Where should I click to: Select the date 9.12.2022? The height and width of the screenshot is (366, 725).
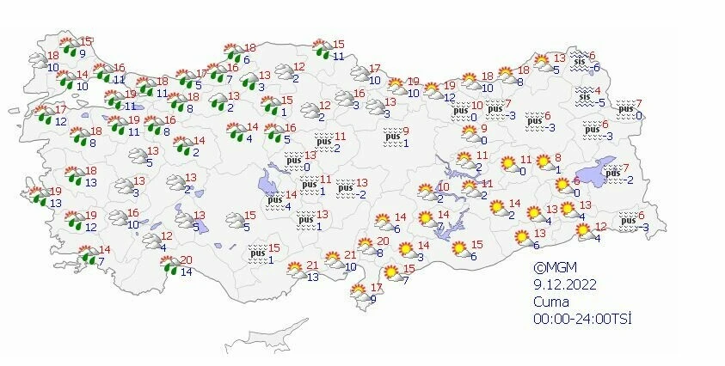click(x=563, y=284)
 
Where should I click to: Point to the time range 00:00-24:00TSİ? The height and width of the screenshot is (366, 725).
click(x=582, y=319)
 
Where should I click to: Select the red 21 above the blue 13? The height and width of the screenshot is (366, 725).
click(x=312, y=265)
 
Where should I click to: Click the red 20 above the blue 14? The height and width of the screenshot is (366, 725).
click(x=184, y=260)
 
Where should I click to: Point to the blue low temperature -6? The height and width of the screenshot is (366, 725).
click(x=596, y=67)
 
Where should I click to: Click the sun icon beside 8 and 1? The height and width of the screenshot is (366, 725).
click(x=543, y=162)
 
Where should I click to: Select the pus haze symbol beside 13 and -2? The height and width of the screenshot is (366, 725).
click(x=346, y=187)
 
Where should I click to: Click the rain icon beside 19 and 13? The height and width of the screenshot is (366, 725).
click(x=36, y=197)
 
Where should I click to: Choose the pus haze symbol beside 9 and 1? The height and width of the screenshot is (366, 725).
click(x=393, y=136)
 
